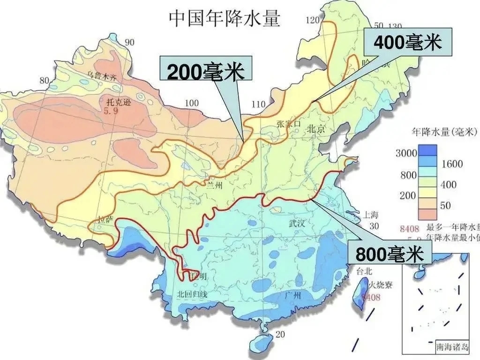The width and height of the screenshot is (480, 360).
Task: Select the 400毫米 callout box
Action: (x=408, y=43)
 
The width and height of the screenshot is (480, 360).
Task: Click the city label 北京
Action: (x=315, y=129)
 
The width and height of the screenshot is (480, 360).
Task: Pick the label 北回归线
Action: (x=191, y=294)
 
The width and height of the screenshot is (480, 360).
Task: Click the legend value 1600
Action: (x=451, y=164)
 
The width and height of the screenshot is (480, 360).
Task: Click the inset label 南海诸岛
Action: (x=451, y=347)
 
